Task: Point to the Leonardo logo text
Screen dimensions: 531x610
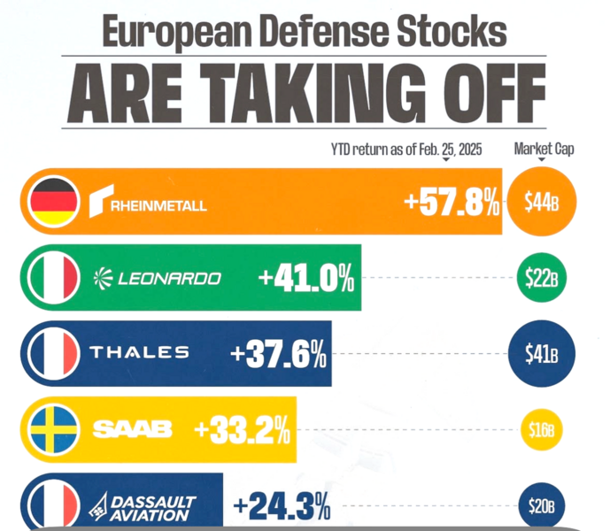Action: click(158, 279)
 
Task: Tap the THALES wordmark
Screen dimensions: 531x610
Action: click(139, 352)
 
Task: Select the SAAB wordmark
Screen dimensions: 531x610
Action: click(133, 430)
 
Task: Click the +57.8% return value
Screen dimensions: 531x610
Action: click(452, 204)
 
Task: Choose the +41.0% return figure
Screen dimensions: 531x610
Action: click(306, 280)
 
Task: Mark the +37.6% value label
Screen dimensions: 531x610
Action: click(279, 355)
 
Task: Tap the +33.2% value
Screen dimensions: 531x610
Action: click(243, 431)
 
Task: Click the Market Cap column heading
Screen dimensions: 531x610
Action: click(544, 149)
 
